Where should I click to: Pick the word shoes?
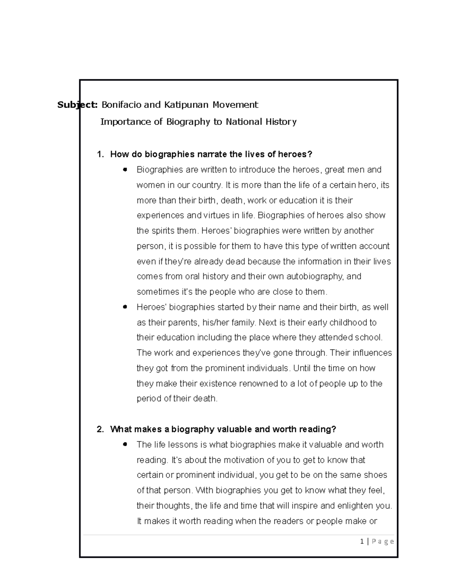coord(375,475)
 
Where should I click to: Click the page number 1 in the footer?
coord(362,542)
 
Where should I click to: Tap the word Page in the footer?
coord(383,542)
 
